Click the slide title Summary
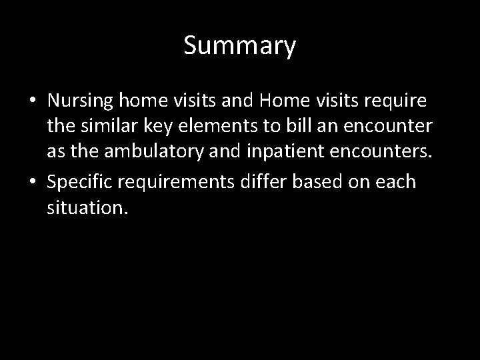[x=239, y=47]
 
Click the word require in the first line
[x=401, y=101]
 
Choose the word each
[x=397, y=182]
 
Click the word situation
[x=86, y=208]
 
